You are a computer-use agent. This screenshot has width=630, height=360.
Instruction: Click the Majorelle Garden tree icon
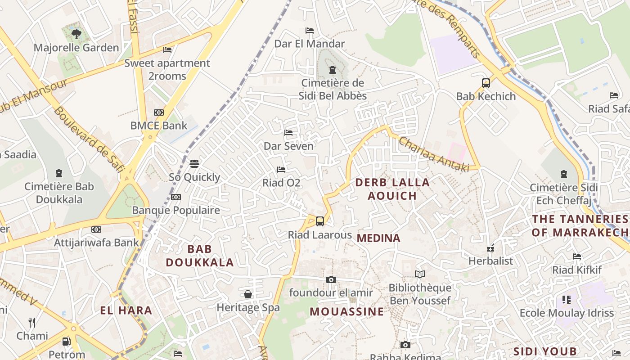tap(76, 33)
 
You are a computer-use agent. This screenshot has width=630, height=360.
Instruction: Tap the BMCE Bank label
tap(158, 126)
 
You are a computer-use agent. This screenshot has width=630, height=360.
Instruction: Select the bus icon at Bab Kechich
tap(486, 83)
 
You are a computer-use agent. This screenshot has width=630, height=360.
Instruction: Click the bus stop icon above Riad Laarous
tap(319, 221)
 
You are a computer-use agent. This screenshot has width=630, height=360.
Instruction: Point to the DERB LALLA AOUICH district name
tap(392, 189)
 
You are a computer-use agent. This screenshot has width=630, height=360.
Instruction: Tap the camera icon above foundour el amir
tap(331, 279)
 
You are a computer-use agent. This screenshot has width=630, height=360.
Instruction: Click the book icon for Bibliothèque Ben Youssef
tap(420, 274)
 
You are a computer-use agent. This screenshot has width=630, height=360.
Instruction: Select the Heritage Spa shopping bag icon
tap(248, 294)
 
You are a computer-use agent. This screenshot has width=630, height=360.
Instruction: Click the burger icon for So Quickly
tap(194, 163)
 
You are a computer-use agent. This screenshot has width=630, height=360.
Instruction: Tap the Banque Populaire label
tap(176, 210)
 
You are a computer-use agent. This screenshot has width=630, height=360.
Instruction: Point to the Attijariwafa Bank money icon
tap(96, 229)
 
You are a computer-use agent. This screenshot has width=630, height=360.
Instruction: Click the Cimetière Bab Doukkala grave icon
tap(59, 173)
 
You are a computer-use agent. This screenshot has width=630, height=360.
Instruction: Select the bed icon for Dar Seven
tap(288, 133)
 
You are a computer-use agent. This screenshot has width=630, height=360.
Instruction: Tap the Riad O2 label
tap(281, 183)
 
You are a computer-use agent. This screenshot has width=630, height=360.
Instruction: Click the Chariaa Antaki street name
tap(433, 154)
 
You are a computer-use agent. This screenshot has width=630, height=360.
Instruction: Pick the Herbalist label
tap(490, 261)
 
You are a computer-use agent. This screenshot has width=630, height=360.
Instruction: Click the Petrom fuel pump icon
tap(66, 341)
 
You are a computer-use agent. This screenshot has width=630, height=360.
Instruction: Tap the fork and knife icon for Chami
tap(32, 322)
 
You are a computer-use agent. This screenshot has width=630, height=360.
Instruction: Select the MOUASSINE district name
tap(347, 311)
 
